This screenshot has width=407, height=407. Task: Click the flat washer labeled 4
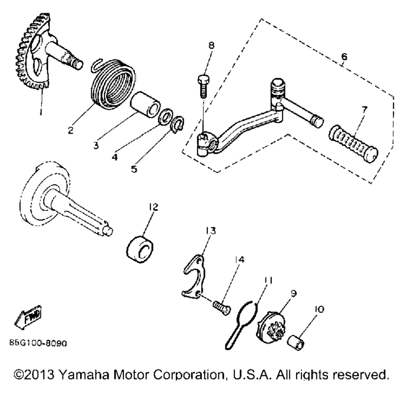tap(165, 116)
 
